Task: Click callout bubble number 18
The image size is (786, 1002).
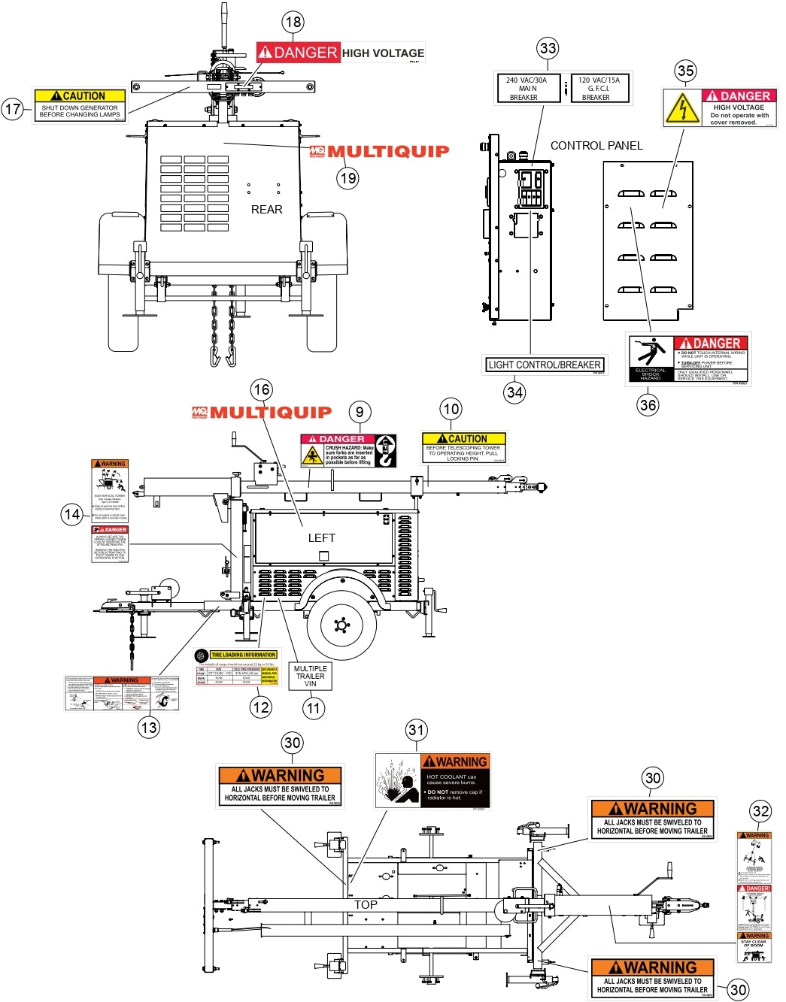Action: coord(293,22)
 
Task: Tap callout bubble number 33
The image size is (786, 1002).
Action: coord(548,49)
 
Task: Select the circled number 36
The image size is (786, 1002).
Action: coord(648,405)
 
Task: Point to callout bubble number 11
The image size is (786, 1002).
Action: coord(314,707)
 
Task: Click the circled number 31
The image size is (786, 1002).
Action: coord(416,730)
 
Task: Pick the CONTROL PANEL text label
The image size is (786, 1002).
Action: coord(596,146)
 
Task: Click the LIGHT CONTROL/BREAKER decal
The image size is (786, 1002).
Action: coord(545,365)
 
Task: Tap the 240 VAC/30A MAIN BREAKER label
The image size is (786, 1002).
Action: coord(527,89)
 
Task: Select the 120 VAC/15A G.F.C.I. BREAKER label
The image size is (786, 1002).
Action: coord(599,89)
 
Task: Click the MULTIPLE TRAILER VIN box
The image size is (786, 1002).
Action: coord(311,676)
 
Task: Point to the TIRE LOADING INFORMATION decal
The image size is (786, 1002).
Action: coord(236,667)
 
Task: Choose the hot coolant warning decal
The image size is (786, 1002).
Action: coord(432,780)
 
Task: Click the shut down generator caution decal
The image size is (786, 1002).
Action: coord(80,105)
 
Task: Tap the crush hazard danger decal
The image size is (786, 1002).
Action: coord(348,450)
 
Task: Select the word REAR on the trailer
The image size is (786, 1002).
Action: coord(267,210)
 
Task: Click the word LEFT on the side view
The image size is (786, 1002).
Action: coord(321,538)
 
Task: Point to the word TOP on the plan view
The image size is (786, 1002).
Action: coord(366,905)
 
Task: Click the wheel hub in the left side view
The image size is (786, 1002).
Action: coord(341,625)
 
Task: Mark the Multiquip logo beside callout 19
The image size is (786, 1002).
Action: coord(379,151)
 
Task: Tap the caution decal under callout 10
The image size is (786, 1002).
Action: coord(464,448)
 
